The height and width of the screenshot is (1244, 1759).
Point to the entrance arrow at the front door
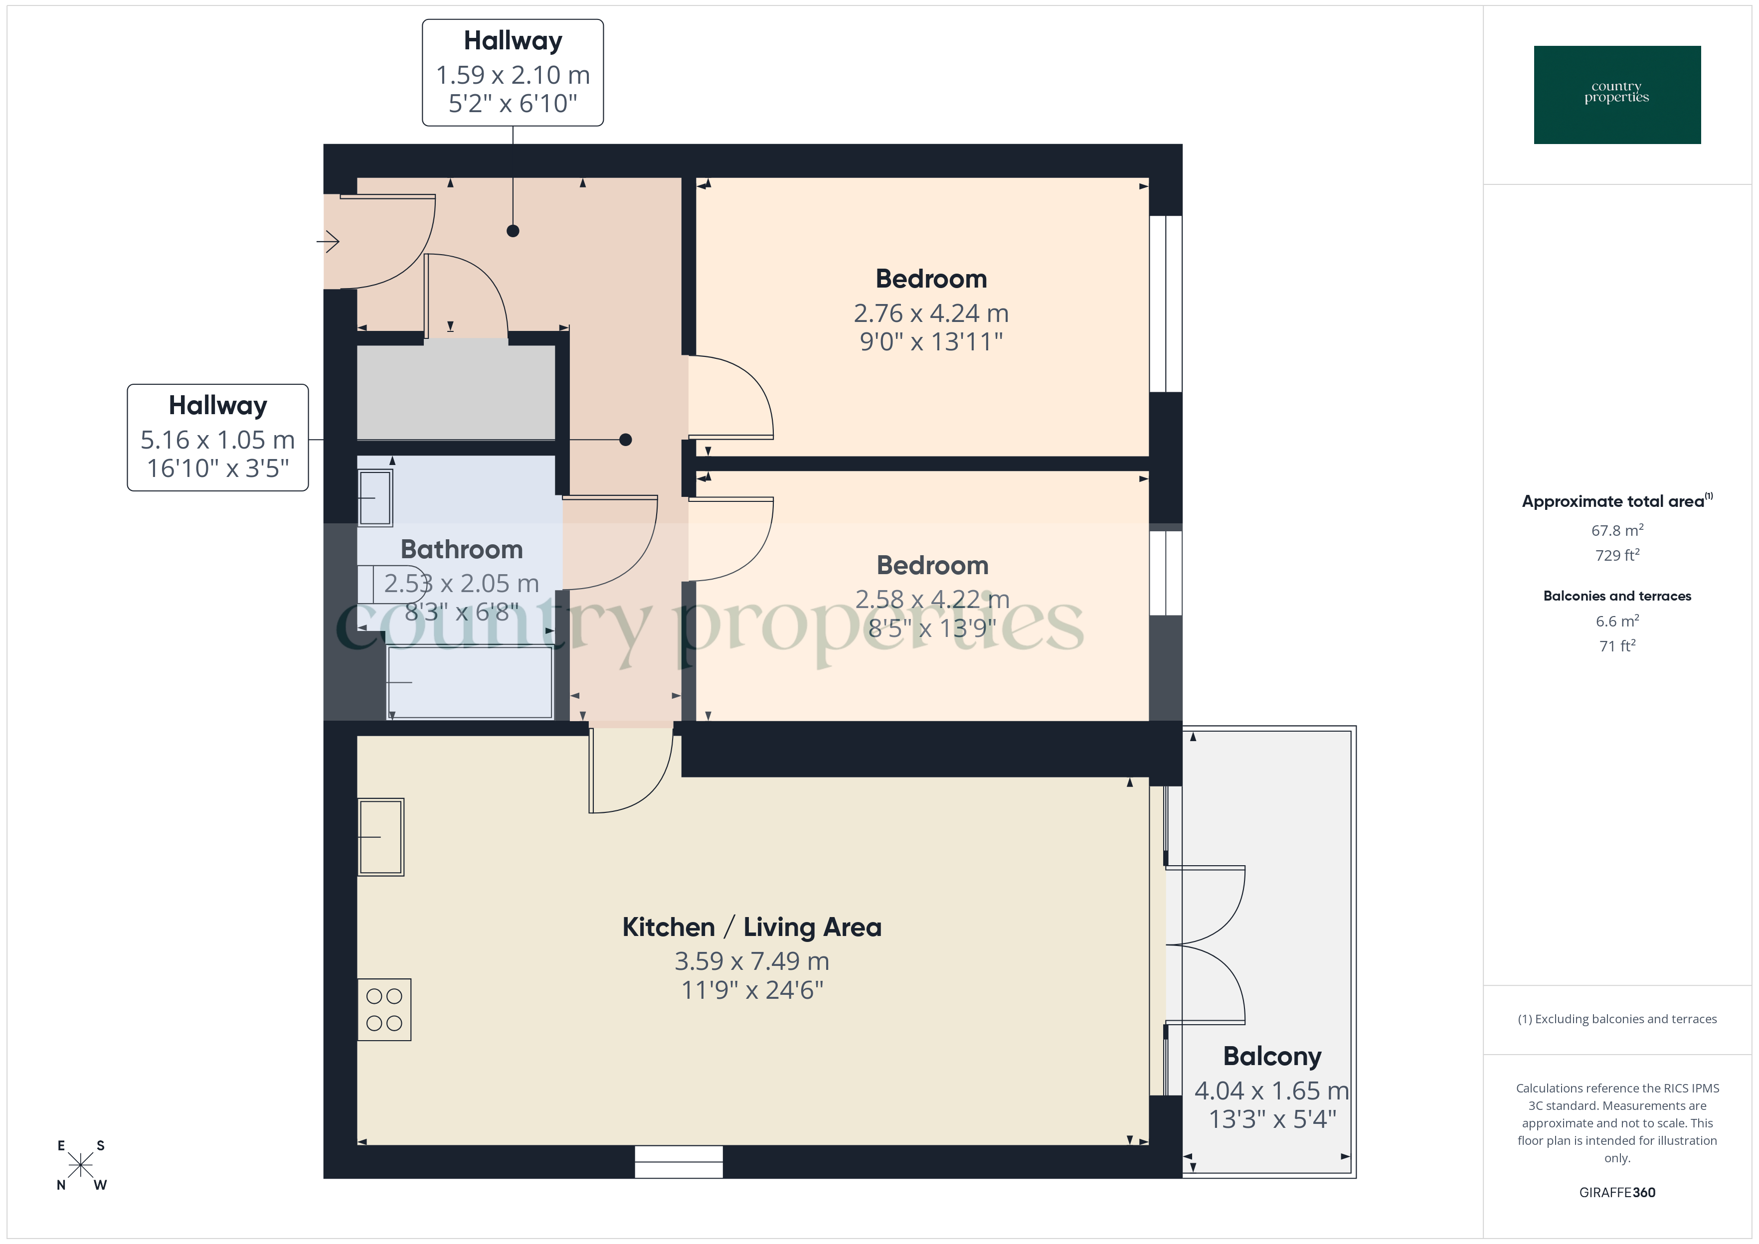pyautogui.click(x=328, y=242)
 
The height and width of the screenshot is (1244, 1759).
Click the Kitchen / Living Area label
pyautogui.click(x=751, y=927)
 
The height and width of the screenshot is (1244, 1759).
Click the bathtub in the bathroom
pyautogui.click(x=470, y=682)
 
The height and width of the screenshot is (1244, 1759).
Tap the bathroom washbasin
pyautogui.click(x=375, y=498)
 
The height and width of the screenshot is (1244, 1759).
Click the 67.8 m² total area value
pyautogui.click(x=1616, y=530)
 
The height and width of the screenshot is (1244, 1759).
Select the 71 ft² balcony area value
pyautogui.click(x=1616, y=646)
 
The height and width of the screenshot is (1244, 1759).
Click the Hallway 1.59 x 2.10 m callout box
pyautogui.click(x=513, y=73)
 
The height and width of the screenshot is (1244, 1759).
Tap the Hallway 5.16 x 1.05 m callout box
pyautogui.click(x=217, y=438)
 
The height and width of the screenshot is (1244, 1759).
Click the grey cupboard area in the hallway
pyautogui.click(x=456, y=392)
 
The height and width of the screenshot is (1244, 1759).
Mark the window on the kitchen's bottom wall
pyautogui.click(x=678, y=1161)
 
